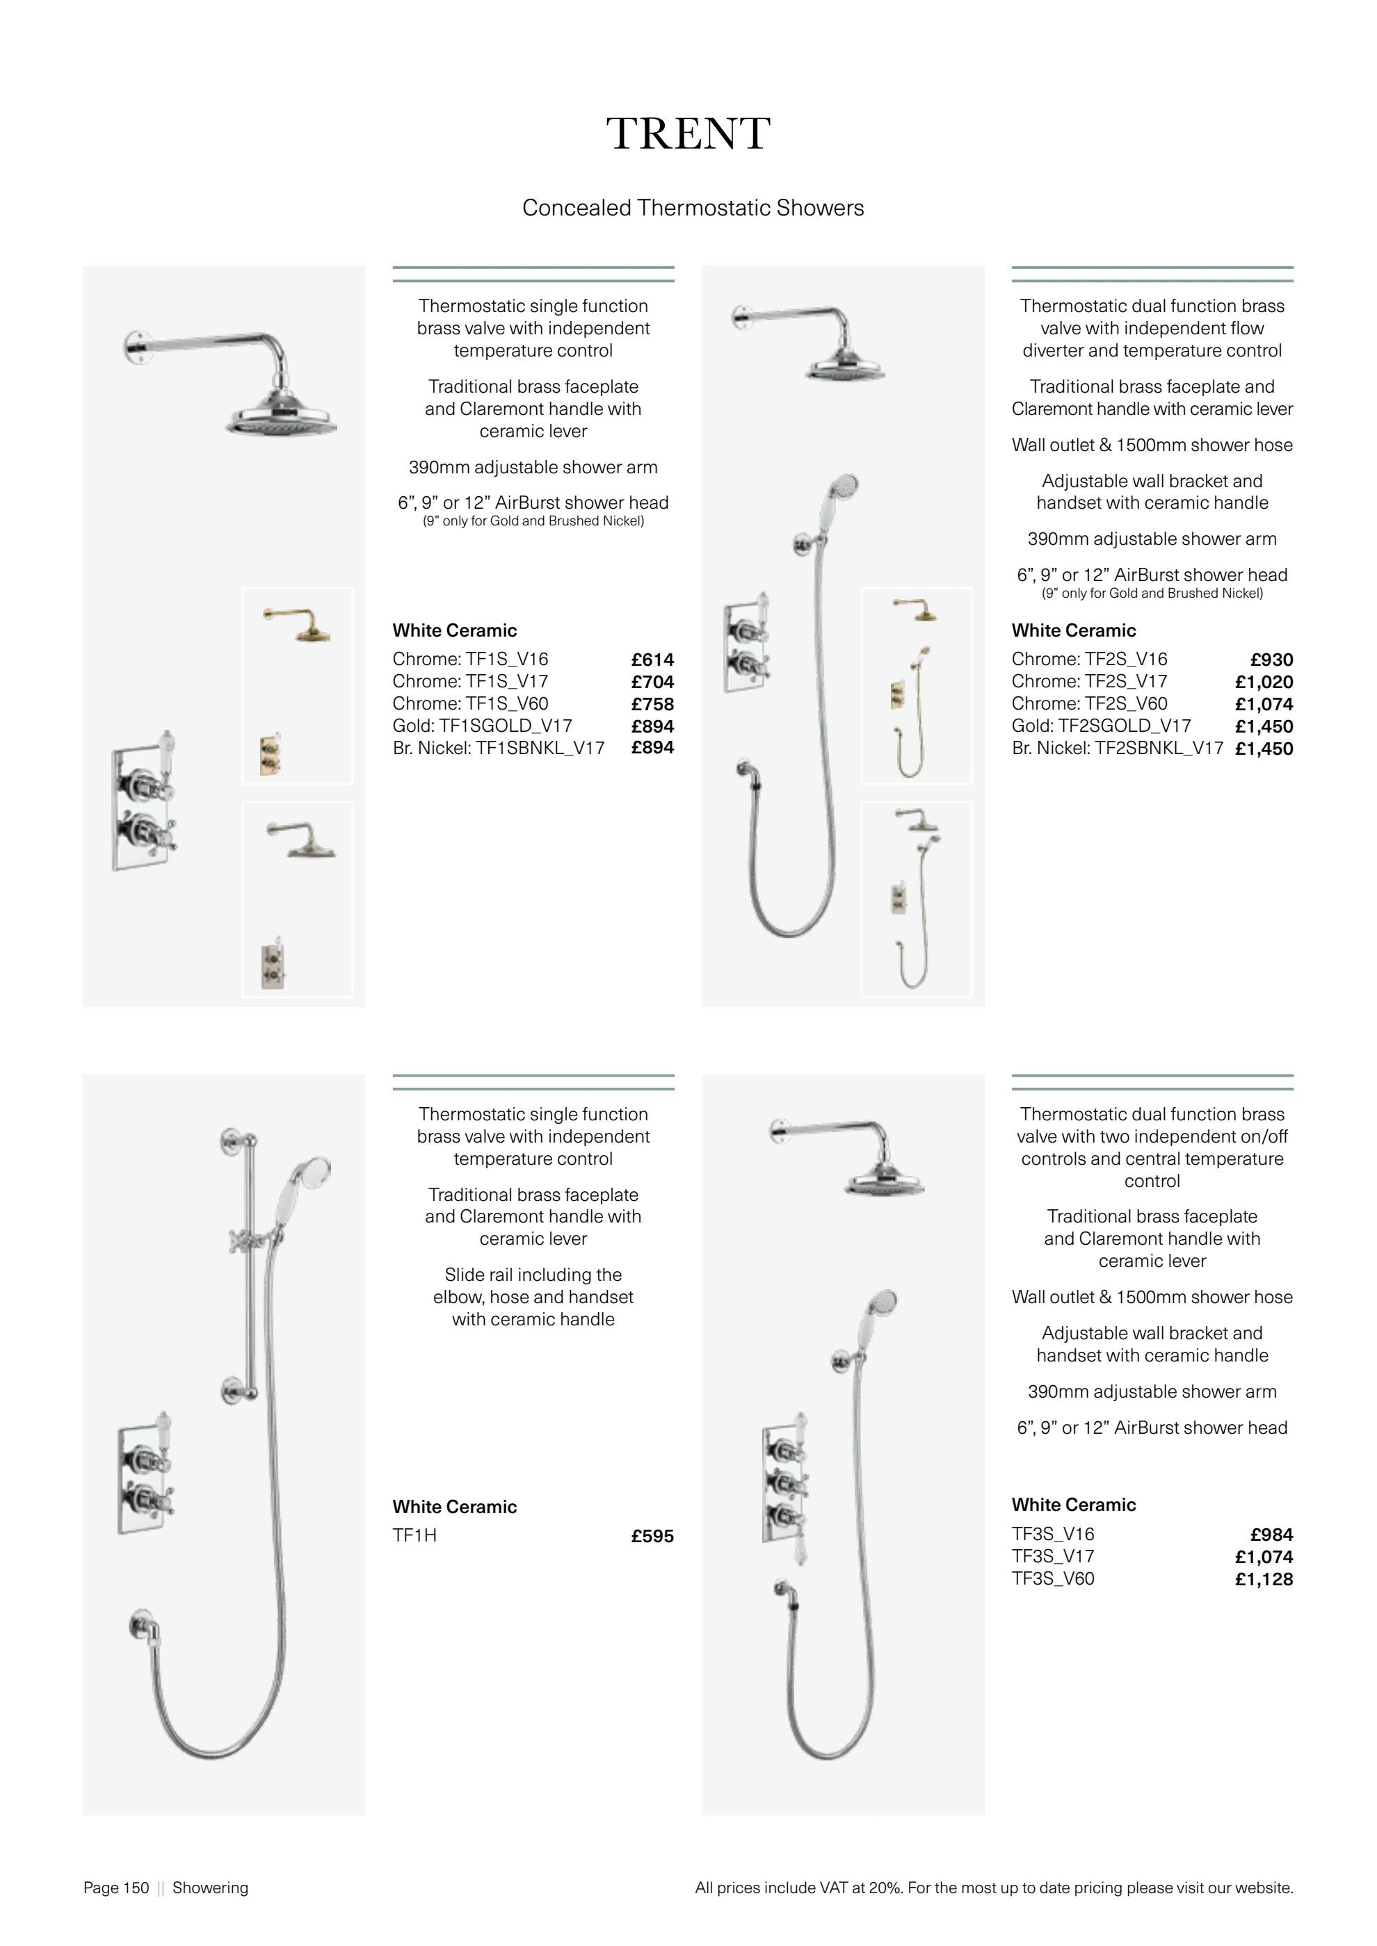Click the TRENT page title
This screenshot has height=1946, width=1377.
pyautogui.click(x=688, y=134)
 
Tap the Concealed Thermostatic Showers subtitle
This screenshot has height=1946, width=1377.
pyautogui.click(x=693, y=208)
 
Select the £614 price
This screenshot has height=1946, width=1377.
pyautogui.click(x=652, y=660)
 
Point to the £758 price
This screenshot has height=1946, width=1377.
pyautogui.click(x=652, y=704)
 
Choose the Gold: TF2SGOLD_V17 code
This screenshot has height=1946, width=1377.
pyautogui.click(x=1101, y=726)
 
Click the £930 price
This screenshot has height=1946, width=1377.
pyautogui.click(x=1271, y=660)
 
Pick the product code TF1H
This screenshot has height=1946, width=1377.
pyautogui.click(x=414, y=1535)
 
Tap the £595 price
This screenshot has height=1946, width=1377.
pyautogui.click(x=652, y=1536)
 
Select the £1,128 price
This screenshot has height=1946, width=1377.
pyautogui.click(x=1264, y=1579)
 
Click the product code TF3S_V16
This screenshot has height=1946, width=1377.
pyautogui.click(x=1052, y=1533)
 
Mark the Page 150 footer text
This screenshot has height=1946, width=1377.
pyautogui.click(x=116, y=1888)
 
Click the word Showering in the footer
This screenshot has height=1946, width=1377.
pyautogui.click(x=210, y=1888)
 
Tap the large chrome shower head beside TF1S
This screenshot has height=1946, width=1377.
pyautogui.click(x=281, y=416)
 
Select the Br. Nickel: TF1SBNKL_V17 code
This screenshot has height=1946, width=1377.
pyautogui.click(x=498, y=748)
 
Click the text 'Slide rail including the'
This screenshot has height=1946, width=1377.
pyautogui.click(x=533, y=1275)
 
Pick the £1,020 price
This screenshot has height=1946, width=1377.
pyautogui.click(x=1264, y=681)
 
